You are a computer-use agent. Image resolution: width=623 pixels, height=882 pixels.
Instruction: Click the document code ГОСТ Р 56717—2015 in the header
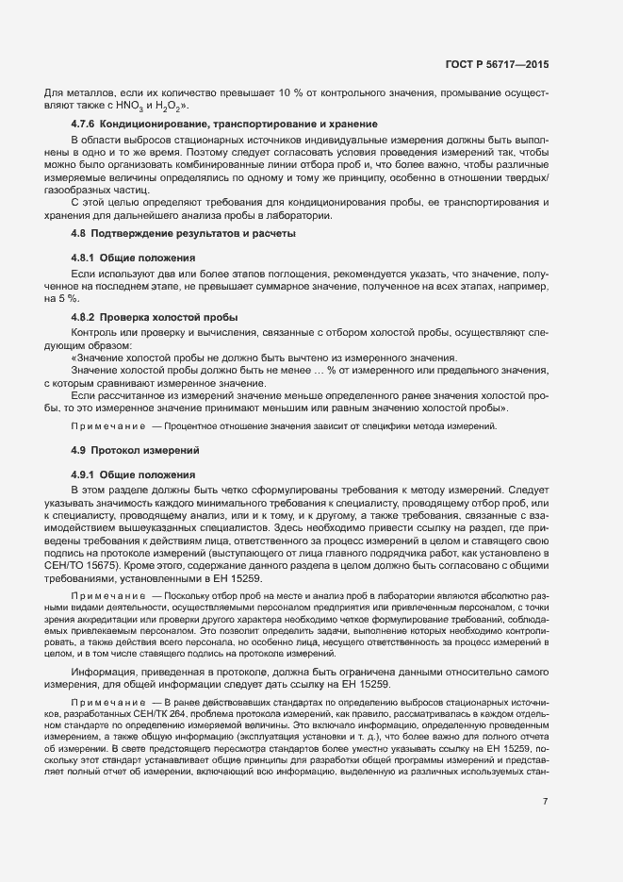pos(496,65)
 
